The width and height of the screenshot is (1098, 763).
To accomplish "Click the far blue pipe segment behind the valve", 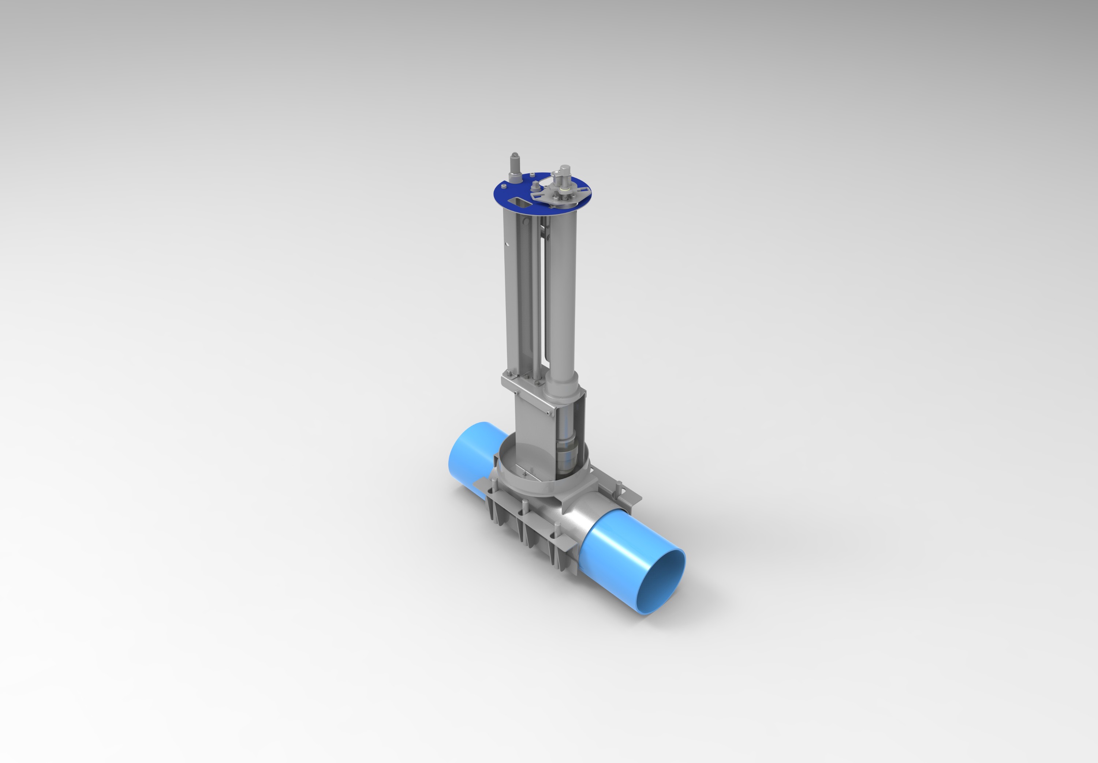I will click(x=471, y=454).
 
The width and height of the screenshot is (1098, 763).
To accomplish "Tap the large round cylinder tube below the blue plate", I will click(x=562, y=296).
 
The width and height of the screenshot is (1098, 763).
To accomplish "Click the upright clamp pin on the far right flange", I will click(x=619, y=489).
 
